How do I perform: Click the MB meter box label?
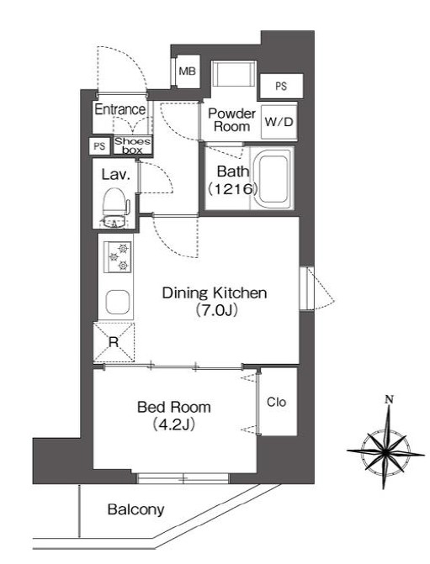coord(188,71)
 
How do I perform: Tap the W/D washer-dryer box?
coord(279,122)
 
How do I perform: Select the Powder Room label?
coord(231,120)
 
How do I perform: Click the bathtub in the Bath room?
coord(273,178)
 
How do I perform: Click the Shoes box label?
coord(132,145)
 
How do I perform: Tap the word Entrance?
coord(120,109)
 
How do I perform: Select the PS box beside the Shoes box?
coord(99,146)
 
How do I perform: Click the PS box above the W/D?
coord(281,86)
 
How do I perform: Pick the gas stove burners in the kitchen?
coord(118,257)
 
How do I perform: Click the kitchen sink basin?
coord(118,302)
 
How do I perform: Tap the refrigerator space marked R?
coord(114,342)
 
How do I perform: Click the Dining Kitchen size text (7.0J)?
coord(217,309)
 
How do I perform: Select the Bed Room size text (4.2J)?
coord(174,424)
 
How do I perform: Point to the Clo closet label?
coord(276,402)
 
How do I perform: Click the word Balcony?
coord(135,510)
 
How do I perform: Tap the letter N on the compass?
coord(389,399)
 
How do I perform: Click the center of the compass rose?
coord(385,451)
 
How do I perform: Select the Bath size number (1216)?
coord(233,188)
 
